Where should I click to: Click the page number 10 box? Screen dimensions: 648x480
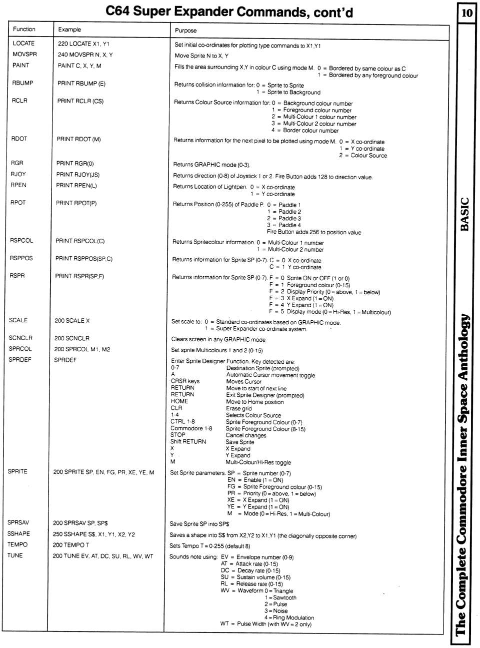coord(466,12)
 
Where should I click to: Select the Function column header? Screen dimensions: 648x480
coord(24,29)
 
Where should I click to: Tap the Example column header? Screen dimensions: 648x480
coord(69,30)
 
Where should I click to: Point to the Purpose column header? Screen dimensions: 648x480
coord(185,31)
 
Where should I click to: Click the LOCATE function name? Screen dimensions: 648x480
coord(23,43)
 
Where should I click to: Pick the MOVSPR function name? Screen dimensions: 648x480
coord(24,54)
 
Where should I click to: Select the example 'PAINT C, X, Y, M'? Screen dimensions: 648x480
coord(79,66)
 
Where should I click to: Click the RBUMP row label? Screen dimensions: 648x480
coord(22,83)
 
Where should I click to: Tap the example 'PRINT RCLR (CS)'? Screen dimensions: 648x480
coord(80,101)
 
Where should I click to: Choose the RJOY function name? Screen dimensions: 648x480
coord(18,174)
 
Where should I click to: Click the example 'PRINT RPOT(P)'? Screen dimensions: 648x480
coord(76,203)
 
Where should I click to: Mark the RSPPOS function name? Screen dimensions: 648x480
coord(21,258)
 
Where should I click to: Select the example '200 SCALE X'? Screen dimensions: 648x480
coord(71,321)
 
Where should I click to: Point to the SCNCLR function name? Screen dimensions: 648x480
coord(20,338)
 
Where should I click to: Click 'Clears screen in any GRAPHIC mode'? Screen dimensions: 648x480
coord(218,339)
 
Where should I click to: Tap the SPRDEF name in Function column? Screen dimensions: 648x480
coord(20,360)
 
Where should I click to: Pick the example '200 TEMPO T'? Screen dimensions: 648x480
coord(71,545)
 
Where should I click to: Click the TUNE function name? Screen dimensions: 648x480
coord(15,555)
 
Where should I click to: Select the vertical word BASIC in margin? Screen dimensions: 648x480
coord(465,214)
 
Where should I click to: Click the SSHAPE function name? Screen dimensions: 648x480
coord(18,534)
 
